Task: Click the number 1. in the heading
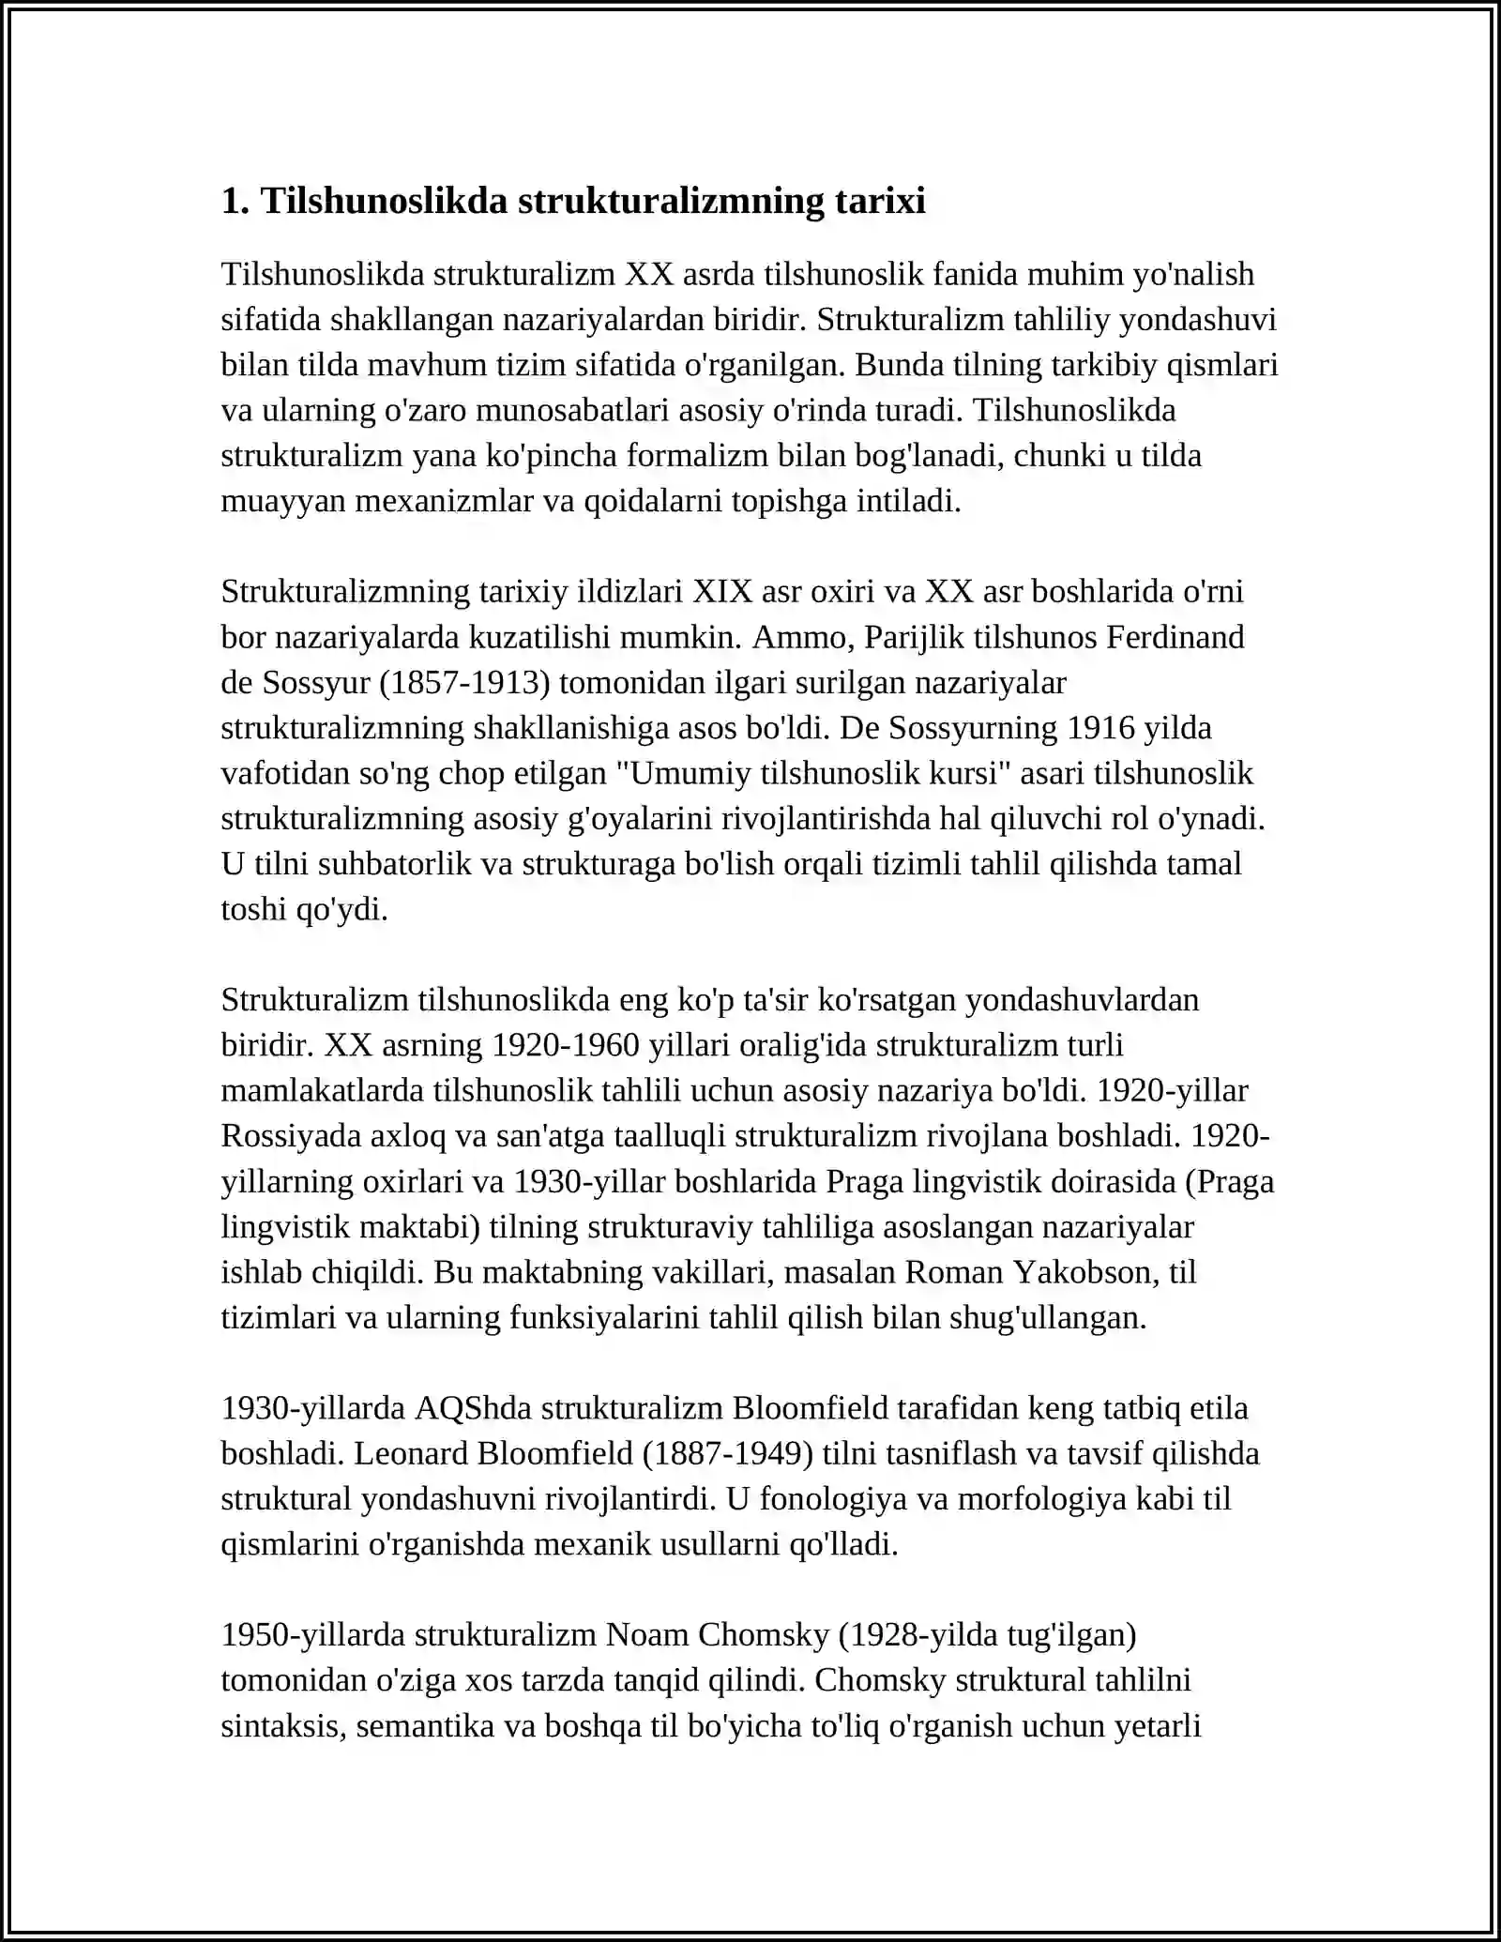(235, 201)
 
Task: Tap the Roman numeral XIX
(722, 592)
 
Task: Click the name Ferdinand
(1175, 637)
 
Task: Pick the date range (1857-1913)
(464, 682)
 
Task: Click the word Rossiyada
(287, 1136)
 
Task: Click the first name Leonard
(411, 1453)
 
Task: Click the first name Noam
(646, 1634)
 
